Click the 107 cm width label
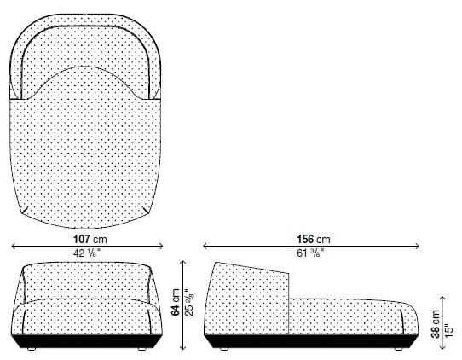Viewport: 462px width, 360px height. (90, 240)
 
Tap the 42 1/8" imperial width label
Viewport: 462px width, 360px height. (90, 253)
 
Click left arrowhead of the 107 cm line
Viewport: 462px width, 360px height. (13, 247)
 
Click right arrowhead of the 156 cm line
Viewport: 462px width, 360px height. (420, 247)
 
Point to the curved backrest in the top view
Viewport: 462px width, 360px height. (90, 43)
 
